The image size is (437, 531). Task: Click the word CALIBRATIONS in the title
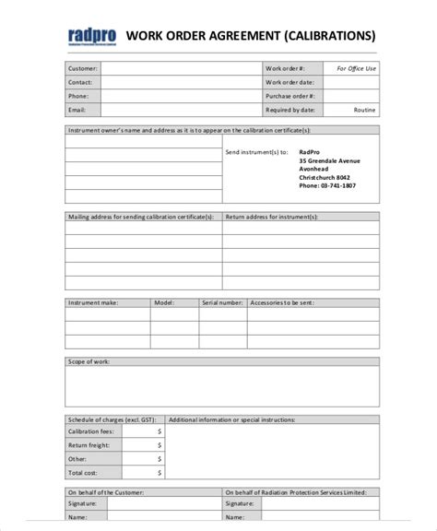330,36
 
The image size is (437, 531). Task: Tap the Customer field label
82,68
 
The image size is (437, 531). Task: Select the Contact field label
80,81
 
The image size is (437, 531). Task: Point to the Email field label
77,109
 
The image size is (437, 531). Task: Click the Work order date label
290,81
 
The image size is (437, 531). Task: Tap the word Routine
365,109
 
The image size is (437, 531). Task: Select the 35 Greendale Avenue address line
329,160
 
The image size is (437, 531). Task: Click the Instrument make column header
92,301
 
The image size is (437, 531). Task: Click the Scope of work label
88,361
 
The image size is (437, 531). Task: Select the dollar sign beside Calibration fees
159,430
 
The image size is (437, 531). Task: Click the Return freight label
89,444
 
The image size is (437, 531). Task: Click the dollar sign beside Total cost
159,472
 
